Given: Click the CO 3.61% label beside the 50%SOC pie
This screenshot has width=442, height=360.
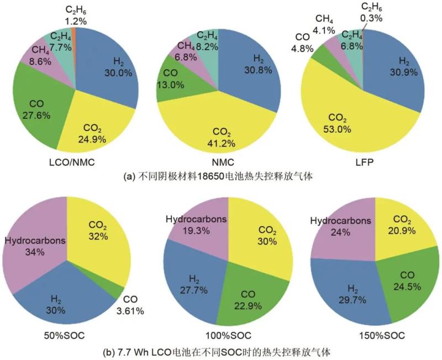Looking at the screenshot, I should [131, 306].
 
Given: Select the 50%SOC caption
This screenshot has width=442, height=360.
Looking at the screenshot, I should [67, 336].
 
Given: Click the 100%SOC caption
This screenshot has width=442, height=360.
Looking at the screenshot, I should [227, 336].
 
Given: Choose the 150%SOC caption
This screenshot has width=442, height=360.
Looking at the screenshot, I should [375, 336].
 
